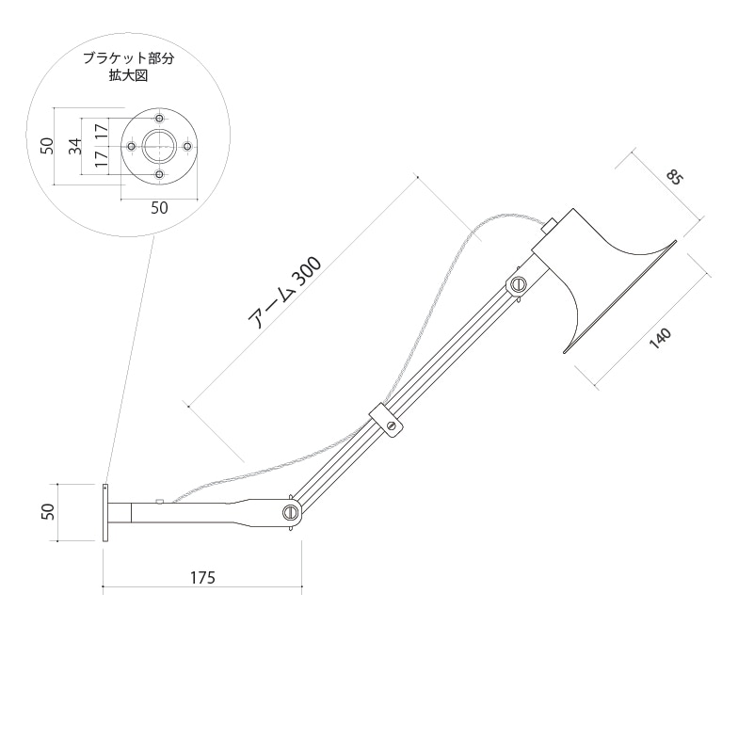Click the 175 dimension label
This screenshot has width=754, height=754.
pyautogui.click(x=202, y=578)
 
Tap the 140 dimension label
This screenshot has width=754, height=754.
pyautogui.click(x=660, y=339)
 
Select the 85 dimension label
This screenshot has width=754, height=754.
pyautogui.click(x=674, y=178)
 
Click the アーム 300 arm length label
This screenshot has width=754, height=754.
pyautogui.click(x=284, y=293)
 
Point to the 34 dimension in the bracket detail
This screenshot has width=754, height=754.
pyautogui.click(x=75, y=146)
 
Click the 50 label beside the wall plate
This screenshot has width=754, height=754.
pyautogui.click(x=49, y=512)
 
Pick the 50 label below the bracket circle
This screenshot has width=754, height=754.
pyautogui.click(x=160, y=208)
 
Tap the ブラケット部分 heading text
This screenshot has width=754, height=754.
pyautogui.click(x=128, y=58)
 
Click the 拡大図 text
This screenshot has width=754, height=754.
pyautogui.click(x=128, y=75)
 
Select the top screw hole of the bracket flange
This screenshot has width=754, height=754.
pyautogui.click(x=160, y=118)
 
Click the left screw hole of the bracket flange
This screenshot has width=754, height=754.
pyautogui.click(x=131, y=146)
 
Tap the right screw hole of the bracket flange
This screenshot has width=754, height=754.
pyautogui.click(x=188, y=146)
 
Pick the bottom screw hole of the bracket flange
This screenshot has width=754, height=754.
pyautogui.click(x=160, y=174)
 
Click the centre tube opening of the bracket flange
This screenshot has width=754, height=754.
pyautogui.click(x=160, y=146)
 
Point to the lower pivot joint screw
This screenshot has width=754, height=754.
pyautogui.click(x=290, y=512)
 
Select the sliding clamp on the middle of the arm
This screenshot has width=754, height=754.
pyautogui.click(x=386, y=420)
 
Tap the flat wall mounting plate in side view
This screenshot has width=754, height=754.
pyautogui.click(x=105, y=513)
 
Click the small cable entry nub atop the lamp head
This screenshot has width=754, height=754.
pyautogui.click(x=549, y=226)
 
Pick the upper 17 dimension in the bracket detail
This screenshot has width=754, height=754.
pyautogui.click(x=100, y=132)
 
